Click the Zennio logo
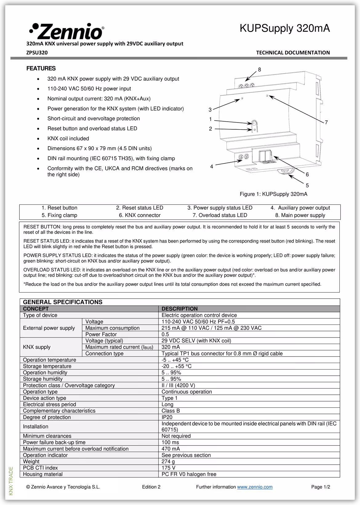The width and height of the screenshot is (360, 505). pos(66,31)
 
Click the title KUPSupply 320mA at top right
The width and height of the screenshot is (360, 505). pos(285,28)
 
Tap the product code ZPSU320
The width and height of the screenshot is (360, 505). pos(37,53)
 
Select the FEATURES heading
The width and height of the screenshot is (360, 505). pos(41,68)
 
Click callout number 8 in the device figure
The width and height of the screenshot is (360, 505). pos(259,70)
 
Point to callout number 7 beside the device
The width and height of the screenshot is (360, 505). pos(326,123)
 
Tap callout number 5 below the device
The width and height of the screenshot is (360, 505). pos(307,185)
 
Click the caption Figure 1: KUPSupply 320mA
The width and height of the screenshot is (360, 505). pos(273,194)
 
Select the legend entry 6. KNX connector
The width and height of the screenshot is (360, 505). pos(140,215)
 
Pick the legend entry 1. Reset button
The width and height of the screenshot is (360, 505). pos(59,208)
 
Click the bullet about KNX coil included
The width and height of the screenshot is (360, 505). pos(68,139)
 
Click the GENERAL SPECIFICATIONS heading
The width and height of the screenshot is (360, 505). pos(62,302)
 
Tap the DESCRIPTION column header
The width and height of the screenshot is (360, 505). pos(179,309)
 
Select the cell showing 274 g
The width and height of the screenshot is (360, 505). pos(168,462)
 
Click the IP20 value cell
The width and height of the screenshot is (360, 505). pos(167,417)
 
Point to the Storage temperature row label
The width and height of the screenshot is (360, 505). pos(47,366)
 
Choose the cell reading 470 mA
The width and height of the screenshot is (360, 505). pos(170,449)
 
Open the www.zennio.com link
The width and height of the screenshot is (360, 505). pos(255,487)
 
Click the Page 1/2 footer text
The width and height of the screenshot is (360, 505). pos(320,487)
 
